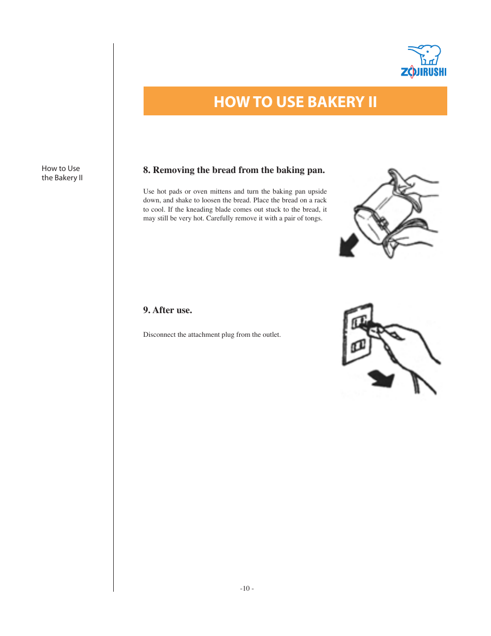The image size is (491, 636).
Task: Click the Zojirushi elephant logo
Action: pos(425,55)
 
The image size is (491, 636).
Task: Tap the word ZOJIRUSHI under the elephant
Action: pos(424,72)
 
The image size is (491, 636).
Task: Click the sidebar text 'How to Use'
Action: pos(61,168)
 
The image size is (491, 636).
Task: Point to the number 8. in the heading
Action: pos(147,170)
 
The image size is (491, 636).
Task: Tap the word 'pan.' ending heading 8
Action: pos(315,170)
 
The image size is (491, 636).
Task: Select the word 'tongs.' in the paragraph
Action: pos(313,218)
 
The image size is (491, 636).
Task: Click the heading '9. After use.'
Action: pos(167,310)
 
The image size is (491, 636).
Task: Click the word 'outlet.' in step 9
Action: pos(272,335)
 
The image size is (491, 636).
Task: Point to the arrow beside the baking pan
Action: pos(348,245)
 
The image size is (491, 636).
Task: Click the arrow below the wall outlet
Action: pos(381,380)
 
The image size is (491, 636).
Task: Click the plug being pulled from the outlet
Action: pos(373,329)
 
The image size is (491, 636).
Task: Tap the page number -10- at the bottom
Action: pos(247,589)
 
